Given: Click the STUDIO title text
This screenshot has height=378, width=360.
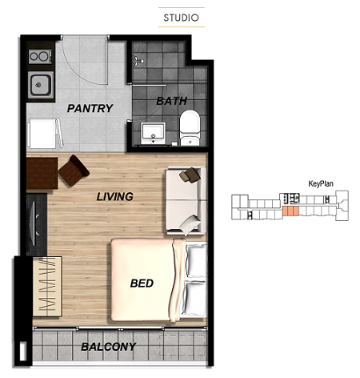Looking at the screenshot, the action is [x=182, y=18].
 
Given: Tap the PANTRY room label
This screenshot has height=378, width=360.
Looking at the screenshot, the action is [x=90, y=108].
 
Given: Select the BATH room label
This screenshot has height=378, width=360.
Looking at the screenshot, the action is [x=171, y=101].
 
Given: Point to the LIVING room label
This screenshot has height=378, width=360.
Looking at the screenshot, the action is [x=114, y=197].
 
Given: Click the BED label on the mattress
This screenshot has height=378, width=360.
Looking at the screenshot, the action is [x=142, y=283].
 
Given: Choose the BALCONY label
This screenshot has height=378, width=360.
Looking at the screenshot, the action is [x=109, y=347].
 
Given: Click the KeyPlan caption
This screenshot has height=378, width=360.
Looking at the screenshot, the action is [x=321, y=183].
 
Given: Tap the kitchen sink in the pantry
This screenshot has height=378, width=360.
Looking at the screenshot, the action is [x=40, y=85].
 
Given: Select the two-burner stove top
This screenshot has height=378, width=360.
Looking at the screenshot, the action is [x=40, y=57].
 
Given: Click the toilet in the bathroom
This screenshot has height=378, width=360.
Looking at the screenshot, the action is [x=190, y=128].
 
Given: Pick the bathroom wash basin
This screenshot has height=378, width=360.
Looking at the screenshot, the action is [x=153, y=133].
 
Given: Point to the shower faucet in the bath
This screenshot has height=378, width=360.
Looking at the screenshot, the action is [x=138, y=61].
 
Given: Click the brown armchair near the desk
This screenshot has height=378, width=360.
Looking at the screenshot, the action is [x=74, y=171].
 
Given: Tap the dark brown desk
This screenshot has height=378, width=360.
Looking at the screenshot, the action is [x=42, y=173].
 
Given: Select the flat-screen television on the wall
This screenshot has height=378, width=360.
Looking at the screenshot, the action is [x=34, y=223].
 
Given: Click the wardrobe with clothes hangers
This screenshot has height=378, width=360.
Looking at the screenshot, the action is [x=47, y=287].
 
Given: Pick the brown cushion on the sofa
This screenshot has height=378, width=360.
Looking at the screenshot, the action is [x=190, y=175].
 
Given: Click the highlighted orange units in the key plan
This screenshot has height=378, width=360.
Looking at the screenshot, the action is [x=290, y=211].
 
